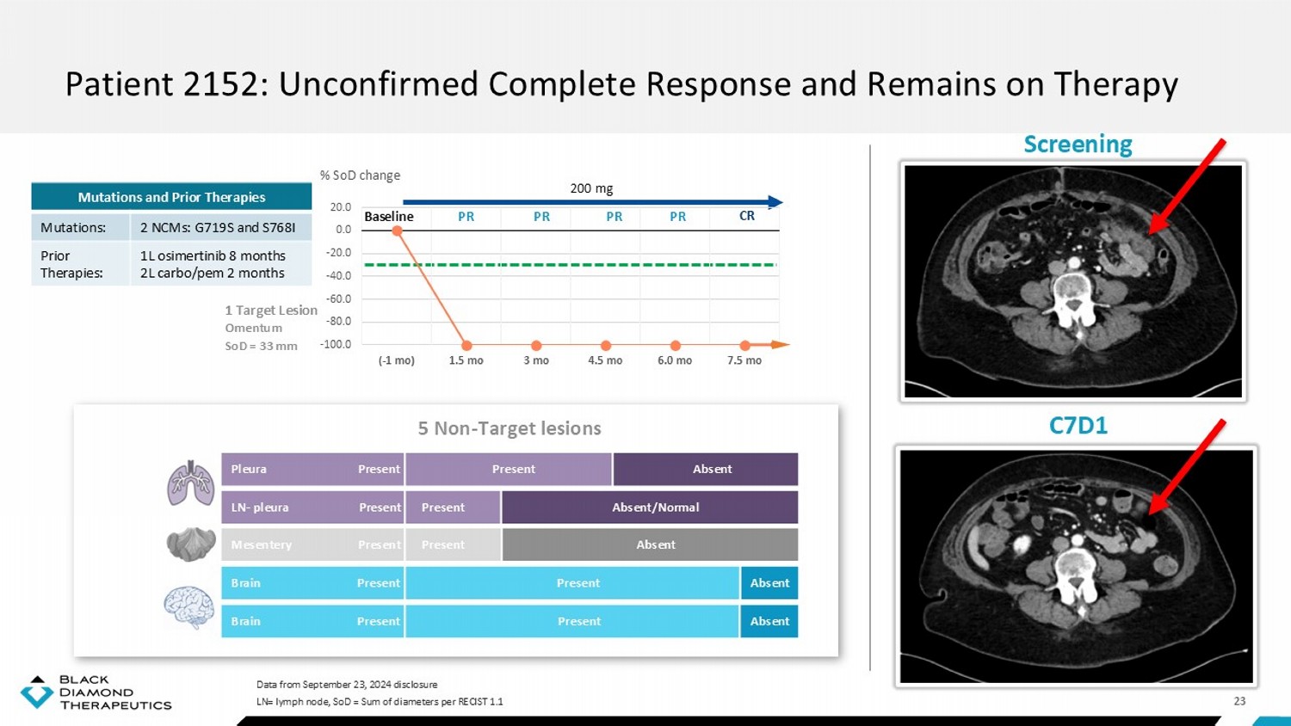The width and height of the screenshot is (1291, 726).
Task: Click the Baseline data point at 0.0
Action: click(397, 231)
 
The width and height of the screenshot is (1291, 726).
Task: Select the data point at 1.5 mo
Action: click(466, 346)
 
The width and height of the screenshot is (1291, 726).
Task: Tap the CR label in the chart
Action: click(747, 216)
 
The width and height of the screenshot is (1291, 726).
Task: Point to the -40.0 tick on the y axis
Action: click(338, 275)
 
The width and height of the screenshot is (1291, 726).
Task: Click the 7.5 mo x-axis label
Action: click(744, 360)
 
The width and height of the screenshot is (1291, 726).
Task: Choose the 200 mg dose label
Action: click(591, 188)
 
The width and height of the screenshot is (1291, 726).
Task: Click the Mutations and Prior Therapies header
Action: click(172, 197)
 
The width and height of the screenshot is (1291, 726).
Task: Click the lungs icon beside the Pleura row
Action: click(191, 483)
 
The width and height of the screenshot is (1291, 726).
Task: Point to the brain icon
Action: click(189, 607)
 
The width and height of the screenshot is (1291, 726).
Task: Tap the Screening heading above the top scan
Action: click(1078, 144)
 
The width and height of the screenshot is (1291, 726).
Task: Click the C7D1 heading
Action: click(1078, 425)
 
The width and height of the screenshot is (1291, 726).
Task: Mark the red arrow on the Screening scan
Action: click(1187, 187)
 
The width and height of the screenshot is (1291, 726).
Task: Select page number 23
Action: click(1239, 701)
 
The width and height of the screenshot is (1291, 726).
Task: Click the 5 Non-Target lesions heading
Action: click(510, 428)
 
